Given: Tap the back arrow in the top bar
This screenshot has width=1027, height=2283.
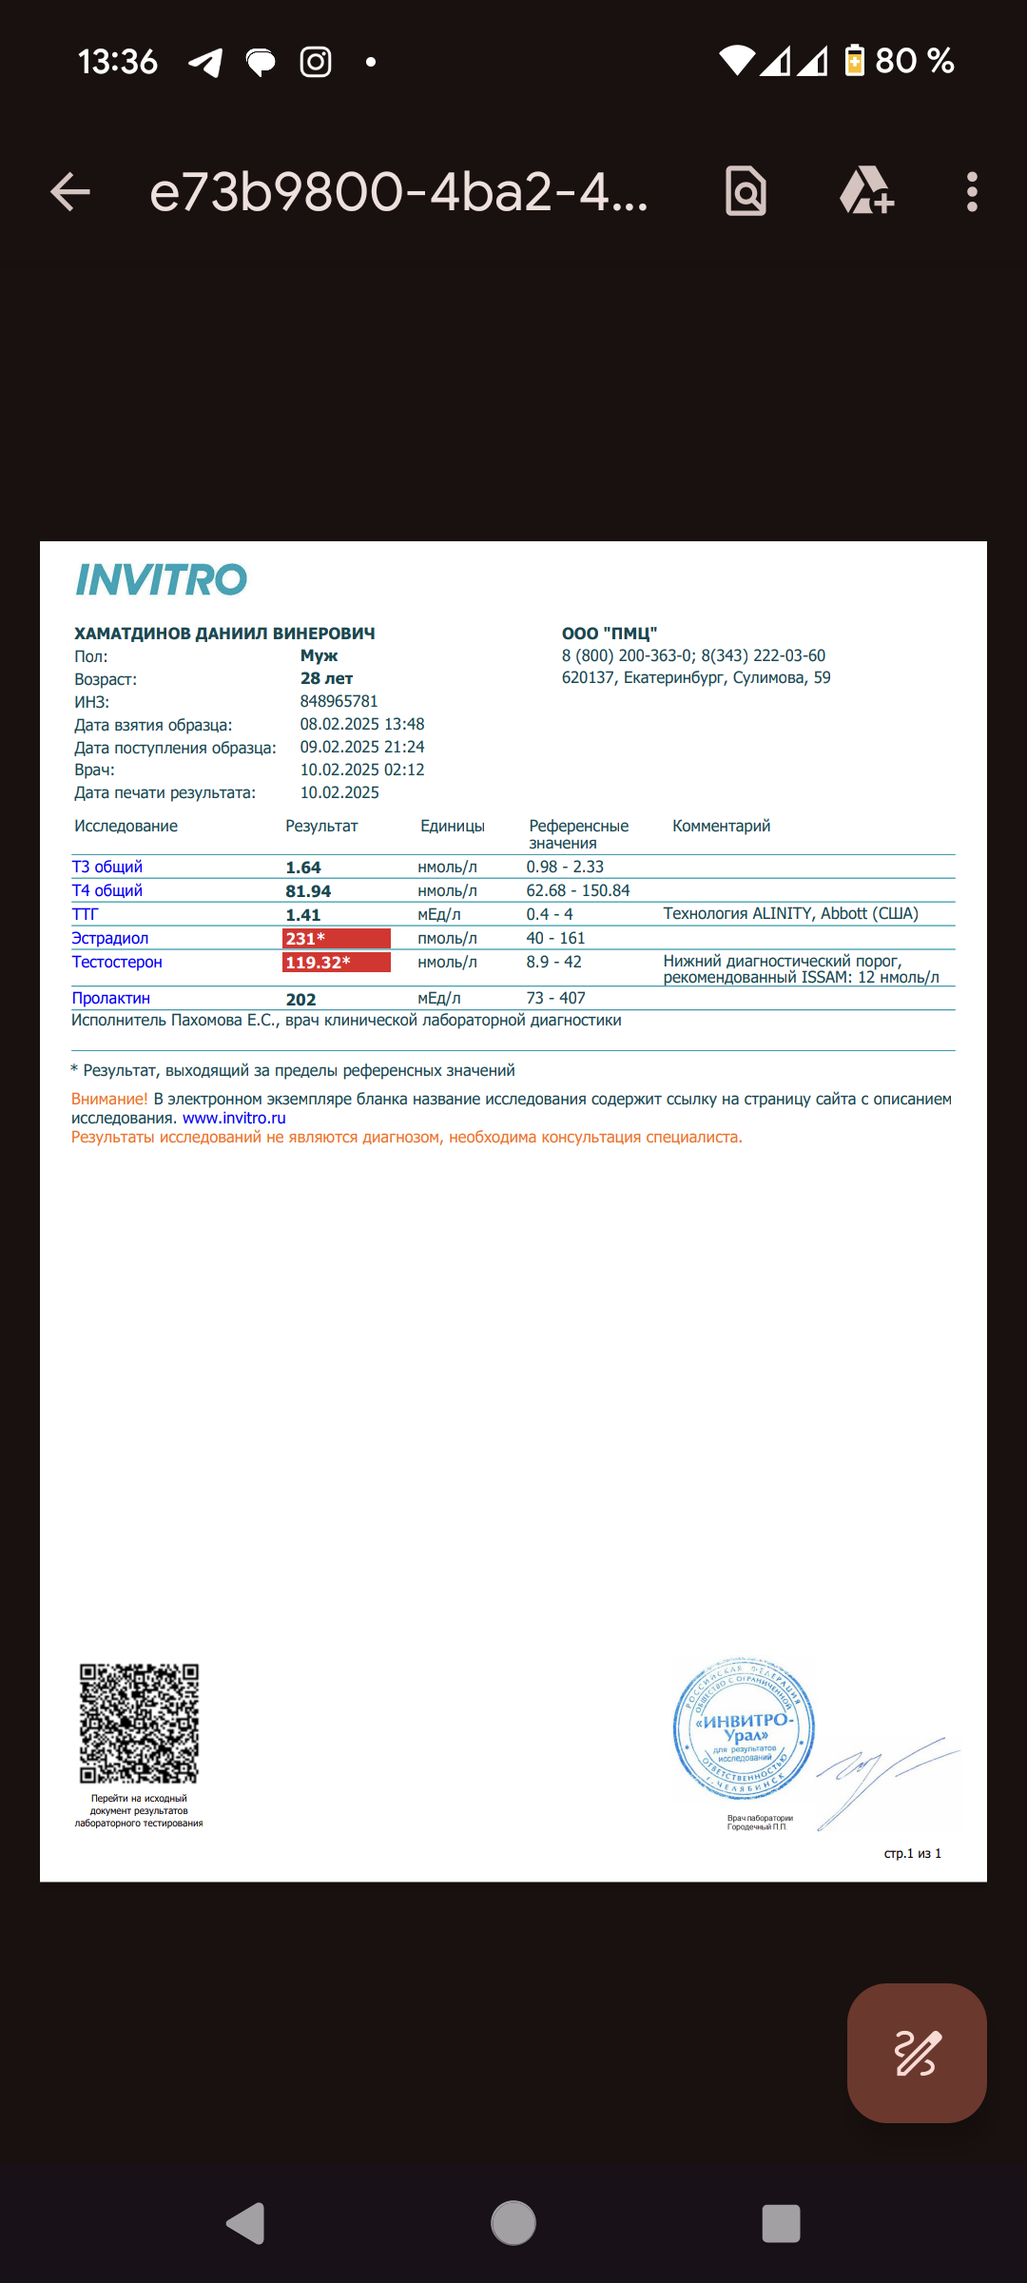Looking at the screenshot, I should tap(70, 192).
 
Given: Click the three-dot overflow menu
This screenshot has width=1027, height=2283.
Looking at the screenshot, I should tap(971, 192).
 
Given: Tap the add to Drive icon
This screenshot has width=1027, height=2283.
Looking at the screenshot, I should tap(866, 191).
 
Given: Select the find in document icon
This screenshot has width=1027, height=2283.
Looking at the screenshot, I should tap(746, 192).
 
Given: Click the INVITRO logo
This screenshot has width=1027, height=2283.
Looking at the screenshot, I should tap(162, 579).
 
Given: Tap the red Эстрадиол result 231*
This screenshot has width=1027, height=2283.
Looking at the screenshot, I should tap(337, 939).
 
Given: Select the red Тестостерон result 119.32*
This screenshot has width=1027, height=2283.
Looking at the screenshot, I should tap(337, 963).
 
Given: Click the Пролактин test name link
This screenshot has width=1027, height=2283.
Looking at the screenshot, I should tap(111, 998).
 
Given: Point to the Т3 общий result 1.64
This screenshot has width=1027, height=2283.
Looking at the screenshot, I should tap(303, 868).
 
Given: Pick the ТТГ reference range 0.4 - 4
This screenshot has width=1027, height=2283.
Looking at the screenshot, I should tap(550, 914).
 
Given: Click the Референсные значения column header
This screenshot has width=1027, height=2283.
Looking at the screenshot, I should tap(578, 833).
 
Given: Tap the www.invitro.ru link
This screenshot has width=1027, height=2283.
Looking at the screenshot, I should tap(234, 1119).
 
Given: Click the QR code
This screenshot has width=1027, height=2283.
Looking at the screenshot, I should tap(139, 1723).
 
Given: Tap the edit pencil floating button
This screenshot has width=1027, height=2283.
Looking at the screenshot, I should tap(916, 2053).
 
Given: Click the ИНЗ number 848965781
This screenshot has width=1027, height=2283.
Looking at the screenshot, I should tap(339, 701).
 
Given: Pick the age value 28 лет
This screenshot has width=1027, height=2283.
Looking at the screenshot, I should tap(326, 678).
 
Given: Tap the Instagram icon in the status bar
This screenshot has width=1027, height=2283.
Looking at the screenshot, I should tap(316, 62).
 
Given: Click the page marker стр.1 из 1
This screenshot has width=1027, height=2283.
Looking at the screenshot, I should tap(912, 1853).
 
